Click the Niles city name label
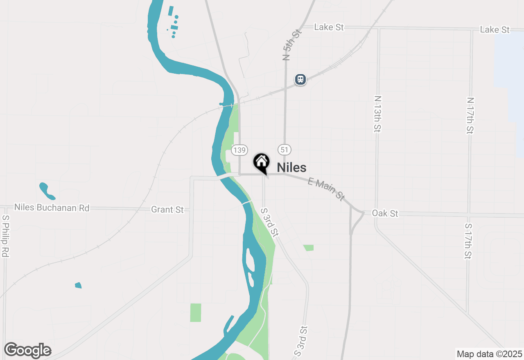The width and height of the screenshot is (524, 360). click(x=291, y=167)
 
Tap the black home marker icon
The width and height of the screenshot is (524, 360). click(x=261, y=162)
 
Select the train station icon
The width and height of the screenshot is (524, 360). click(x=300, y=79)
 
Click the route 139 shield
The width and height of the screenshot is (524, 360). click(x=239, y=150)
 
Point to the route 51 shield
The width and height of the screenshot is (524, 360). click(x=284, y=150)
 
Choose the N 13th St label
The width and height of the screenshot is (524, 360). click(x=377, y=114)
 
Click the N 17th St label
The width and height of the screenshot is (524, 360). click(x=470, y=115)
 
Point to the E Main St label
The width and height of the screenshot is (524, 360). click(x=326, y=189)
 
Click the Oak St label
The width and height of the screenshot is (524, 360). click(x=385, y=214)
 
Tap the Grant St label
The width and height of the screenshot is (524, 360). click(x=167, y=209)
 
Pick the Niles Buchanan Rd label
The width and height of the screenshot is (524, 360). click(x=52, y=208)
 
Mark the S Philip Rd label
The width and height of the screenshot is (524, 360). click(x=5, y=237)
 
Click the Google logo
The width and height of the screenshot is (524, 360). click(x=28, y=350)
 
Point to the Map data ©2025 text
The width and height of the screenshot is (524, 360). click(x=489, y=354)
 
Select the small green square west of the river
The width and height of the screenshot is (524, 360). click(x=196, y=313)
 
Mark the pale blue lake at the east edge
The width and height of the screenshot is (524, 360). click(x=510, y=82)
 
